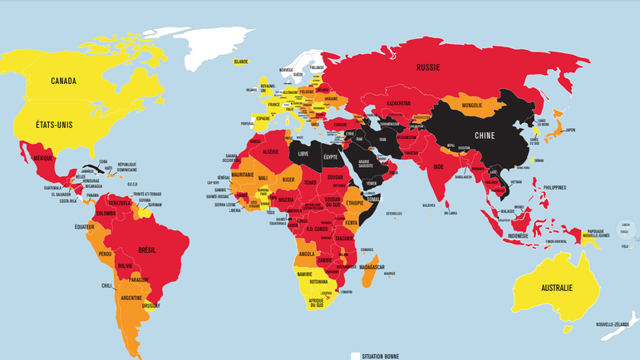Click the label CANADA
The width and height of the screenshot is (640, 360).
coord(63,81)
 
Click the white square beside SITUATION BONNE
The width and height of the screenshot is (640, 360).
coord(355,356)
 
